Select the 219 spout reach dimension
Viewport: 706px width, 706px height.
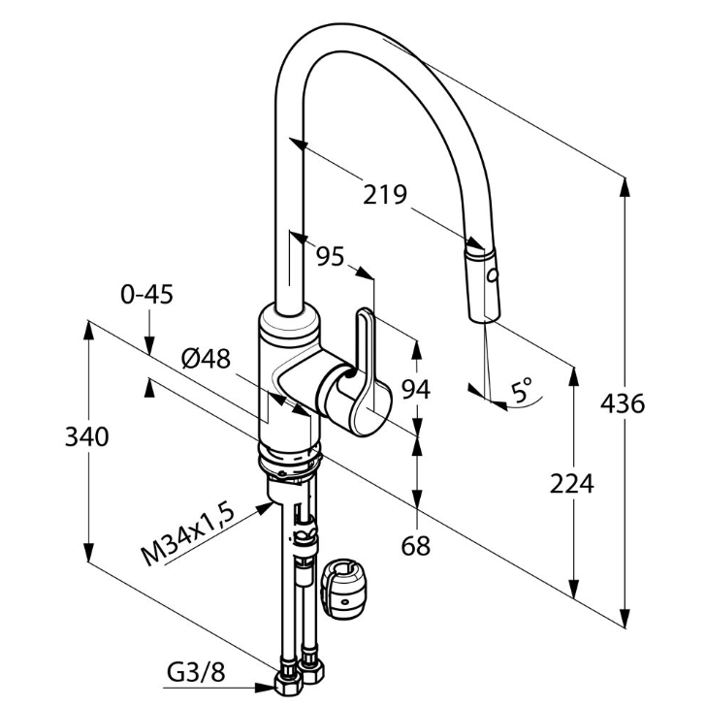[385, 194]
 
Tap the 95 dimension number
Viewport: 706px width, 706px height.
[331, 256]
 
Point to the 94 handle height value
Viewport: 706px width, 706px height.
[415, 389]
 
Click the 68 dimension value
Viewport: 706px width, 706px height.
[415, 546]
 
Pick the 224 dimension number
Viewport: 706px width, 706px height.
[572, 482]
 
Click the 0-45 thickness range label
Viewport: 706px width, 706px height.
[147, 295]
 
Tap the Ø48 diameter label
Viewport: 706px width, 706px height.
[206, 359]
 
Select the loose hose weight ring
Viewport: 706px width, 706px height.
[346, 587]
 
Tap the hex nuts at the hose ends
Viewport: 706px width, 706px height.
[300, 679]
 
